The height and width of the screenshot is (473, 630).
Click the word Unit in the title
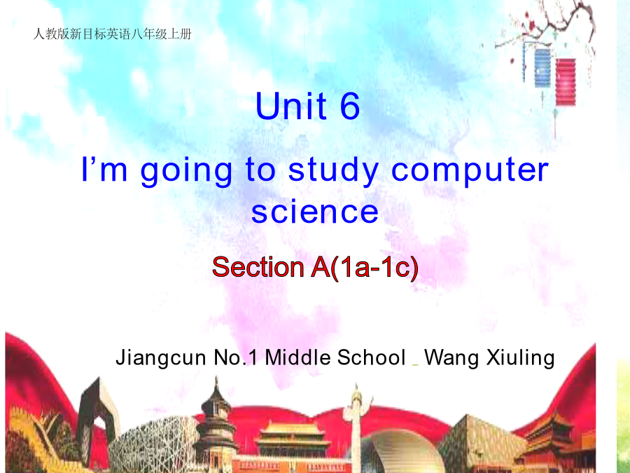(291, 105)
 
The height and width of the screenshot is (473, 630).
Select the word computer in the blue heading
(470, 172)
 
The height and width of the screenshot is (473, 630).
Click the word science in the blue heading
(314, 212)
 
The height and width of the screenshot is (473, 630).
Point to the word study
(333, 170)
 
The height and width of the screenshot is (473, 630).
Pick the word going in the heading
(186, 172)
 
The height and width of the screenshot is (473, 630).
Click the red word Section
(258, 266)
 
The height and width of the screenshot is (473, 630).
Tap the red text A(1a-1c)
(365, 267)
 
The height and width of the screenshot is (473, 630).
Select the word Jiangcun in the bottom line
(161, 358)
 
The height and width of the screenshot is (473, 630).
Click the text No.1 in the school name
(235, 357)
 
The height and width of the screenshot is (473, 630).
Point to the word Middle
(297, 357)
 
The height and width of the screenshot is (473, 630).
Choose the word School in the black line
(371, 357)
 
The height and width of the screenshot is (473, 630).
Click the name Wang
(451, 358)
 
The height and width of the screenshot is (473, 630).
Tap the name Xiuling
(521, 358)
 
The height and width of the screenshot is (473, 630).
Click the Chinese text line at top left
(113, 34)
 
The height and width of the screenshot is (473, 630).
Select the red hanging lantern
(566, 82)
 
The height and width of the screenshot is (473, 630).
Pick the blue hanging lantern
(542, 67)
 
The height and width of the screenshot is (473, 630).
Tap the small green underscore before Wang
(415, 365)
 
